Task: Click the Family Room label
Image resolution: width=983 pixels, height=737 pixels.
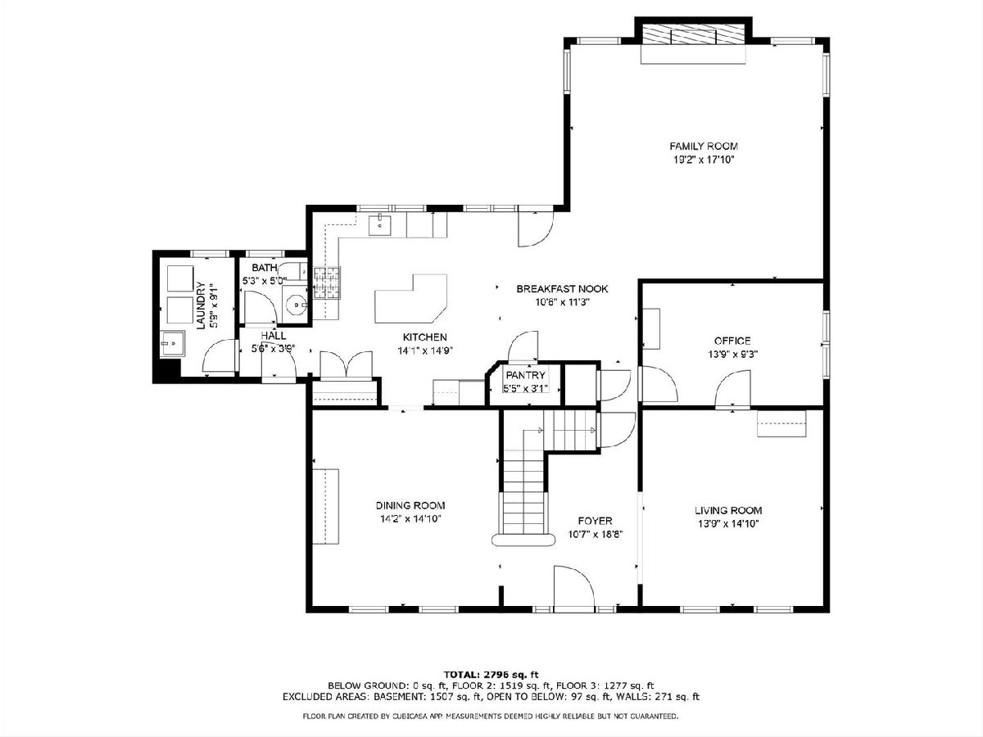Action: [704, 146]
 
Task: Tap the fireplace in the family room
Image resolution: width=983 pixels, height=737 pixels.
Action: [693, 34]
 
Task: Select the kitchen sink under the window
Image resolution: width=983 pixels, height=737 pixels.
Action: [380, 225]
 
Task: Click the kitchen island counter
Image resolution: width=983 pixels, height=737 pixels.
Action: [410, 299]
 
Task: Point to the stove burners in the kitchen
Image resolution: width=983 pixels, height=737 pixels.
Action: [327, 283]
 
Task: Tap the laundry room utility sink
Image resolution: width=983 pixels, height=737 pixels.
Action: [172, 344]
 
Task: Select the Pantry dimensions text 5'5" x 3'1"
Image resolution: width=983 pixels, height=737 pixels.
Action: [525, 388]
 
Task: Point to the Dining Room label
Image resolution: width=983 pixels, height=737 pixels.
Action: [410, 505]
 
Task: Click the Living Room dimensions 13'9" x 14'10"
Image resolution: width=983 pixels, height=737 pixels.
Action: [728, 523]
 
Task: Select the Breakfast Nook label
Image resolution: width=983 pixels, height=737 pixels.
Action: [562, 289]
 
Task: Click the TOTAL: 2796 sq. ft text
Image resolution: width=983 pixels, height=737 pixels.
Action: [491, 675]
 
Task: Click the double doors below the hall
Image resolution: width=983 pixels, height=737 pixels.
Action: [346, 365]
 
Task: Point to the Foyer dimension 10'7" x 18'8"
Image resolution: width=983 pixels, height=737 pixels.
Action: [596, 534]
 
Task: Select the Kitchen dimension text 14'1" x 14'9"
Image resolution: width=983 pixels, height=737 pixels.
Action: [425, 350]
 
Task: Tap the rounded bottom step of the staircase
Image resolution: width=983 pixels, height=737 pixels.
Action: [523, 539]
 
